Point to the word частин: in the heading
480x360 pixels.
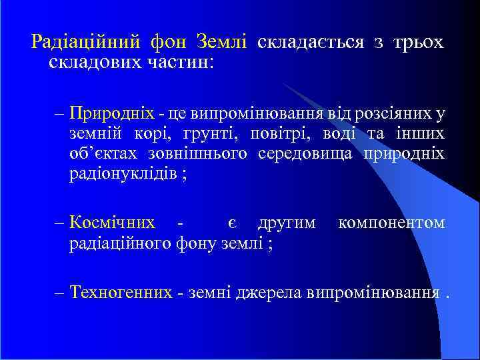point(179,63)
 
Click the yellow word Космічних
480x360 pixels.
point(113,222)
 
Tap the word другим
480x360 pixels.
point(287,222)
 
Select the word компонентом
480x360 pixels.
point(391,222)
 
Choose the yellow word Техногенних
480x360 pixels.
point(121,292)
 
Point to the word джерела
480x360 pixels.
point(271,292)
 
